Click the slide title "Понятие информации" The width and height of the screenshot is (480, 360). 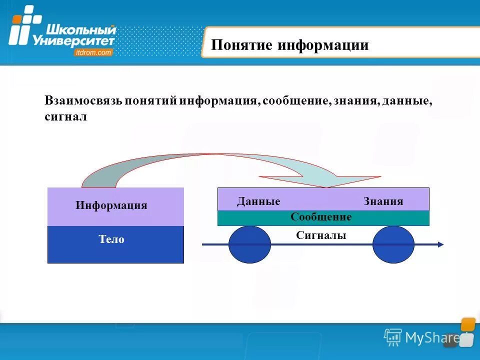pos(289,45)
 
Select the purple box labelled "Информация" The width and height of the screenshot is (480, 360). pos(115,206)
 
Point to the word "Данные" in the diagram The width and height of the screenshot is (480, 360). pos(258,201)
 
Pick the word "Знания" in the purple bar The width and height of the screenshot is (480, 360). pos(383,201)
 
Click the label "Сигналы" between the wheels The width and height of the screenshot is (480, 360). pos(321,235)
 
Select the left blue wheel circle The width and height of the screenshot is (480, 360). pos(249,244)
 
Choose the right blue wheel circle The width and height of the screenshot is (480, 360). pos(393,244)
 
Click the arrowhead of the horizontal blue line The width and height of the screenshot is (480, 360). pos(439,244)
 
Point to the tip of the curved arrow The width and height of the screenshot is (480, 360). pos(326,186)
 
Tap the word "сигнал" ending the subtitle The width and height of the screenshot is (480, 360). pos(66,116)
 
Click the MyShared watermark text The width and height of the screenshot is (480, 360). pos(432,338)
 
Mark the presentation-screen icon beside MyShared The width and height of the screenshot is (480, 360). pos(393,337)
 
